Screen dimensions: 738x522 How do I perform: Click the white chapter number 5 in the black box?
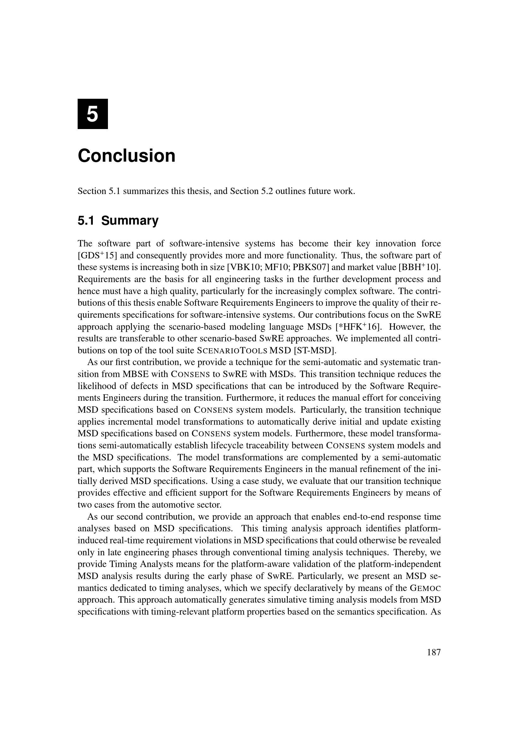[x=92, y=114]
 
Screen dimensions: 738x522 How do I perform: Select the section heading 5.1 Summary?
[x=118, y=221]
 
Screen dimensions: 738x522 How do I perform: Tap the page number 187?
[x=434, y=652]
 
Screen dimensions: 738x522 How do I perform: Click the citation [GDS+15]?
[x=97, y=256]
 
